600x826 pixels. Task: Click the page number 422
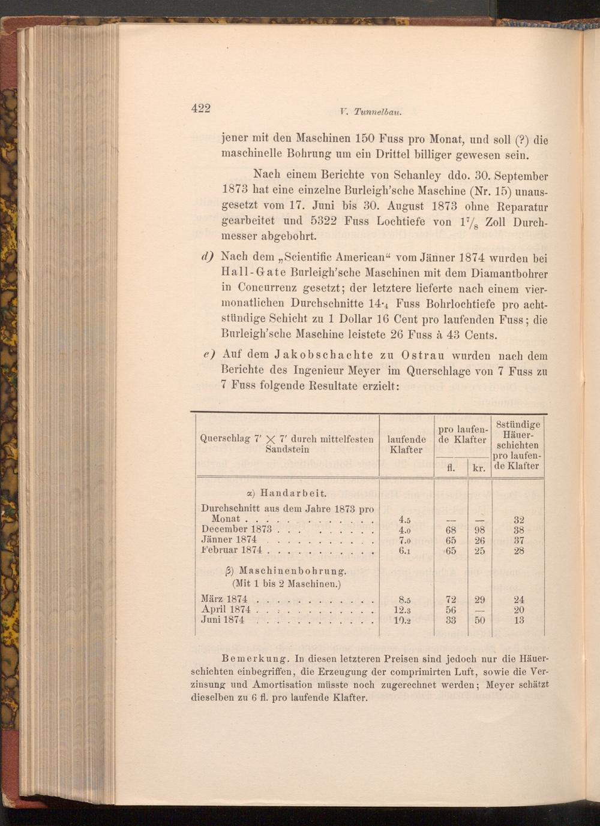[201, 108]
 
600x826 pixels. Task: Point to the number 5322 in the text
[326, 221]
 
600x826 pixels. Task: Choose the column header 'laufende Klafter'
[406, 445]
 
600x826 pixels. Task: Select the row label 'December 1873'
[236, 529]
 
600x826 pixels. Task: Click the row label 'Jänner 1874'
[229, 539]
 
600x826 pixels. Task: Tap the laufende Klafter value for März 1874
[404, 599]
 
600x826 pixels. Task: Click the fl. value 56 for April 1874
[451, 610]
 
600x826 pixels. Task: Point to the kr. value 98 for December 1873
[479, 530]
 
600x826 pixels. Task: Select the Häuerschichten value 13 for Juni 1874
[518, 620]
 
